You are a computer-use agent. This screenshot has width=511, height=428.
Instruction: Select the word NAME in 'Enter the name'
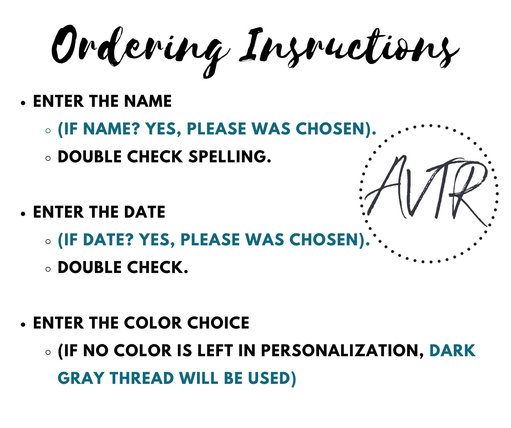tap(148, 101)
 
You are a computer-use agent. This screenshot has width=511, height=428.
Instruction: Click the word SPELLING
tap(230, 157)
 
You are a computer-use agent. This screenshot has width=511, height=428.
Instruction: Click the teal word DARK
tap(452, 351)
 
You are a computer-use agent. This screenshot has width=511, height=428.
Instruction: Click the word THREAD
tap(142, 378)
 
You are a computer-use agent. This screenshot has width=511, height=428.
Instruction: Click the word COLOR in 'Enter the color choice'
tap(153, 323)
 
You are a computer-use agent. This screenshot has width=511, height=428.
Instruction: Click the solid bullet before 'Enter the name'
tap(24, 103)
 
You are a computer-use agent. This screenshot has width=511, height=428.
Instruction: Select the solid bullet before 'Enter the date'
tap(24, 214)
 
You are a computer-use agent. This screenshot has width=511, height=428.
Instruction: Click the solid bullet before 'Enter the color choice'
tap(24, 325)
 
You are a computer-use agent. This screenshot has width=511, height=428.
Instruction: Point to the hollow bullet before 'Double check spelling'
tap(48, 158)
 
